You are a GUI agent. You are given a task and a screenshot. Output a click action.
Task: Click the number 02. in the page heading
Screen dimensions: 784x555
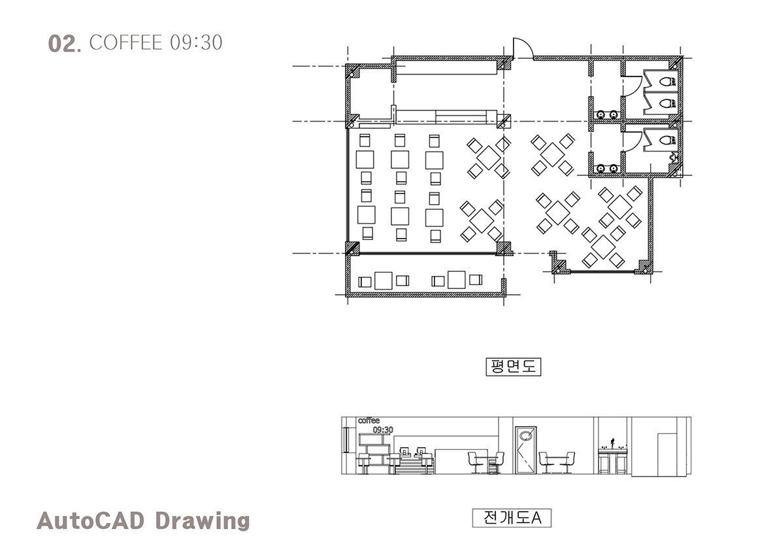coord(65,43)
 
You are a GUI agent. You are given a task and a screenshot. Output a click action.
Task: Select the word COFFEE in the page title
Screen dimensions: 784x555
coord(126,42)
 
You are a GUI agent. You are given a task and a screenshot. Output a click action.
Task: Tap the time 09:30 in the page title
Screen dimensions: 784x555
coord(197,42)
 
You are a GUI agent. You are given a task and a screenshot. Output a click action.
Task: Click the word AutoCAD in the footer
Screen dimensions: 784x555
coord(90,521)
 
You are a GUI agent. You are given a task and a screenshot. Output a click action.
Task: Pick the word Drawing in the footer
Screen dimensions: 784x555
coord(203,522)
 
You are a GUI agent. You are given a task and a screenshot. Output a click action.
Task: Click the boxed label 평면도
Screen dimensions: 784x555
coord(514,367)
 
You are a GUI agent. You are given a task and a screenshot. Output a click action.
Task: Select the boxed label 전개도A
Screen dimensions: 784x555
coord(512,518)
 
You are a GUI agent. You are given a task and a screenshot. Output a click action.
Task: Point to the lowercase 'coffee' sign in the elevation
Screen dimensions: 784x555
coord(368,420)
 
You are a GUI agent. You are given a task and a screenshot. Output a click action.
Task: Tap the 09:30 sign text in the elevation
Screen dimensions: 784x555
coord(383,429)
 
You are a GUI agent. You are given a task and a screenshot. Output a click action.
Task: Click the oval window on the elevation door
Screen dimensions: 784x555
coord(525,435)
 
